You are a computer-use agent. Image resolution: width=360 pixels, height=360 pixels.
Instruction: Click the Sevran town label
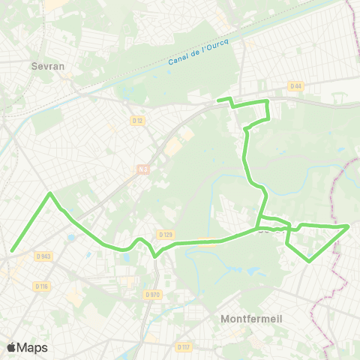coord(48,66)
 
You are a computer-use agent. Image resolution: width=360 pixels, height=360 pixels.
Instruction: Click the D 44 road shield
coord(295,86)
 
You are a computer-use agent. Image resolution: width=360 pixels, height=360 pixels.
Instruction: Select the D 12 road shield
coord(137,120)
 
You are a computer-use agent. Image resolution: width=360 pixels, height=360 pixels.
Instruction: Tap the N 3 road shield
coord(142,169)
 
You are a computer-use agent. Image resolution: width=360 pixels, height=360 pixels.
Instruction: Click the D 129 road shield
coord(166,235)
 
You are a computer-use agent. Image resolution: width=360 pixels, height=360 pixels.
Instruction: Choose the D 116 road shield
coord(41,286)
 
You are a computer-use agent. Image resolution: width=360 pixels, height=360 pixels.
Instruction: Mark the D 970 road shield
coord(152,295)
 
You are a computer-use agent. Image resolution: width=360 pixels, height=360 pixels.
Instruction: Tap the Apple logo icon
coord(11,347)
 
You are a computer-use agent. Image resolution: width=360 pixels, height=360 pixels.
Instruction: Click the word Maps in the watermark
coord(32,347)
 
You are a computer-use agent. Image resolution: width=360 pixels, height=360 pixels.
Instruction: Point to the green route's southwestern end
coord(12,251)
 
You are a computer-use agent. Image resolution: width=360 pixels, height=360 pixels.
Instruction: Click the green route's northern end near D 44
coord(218,100)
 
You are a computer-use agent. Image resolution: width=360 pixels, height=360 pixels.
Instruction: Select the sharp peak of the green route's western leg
coord(50,193)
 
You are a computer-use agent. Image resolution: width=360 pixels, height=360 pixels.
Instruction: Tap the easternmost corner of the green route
coord(349,226)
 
